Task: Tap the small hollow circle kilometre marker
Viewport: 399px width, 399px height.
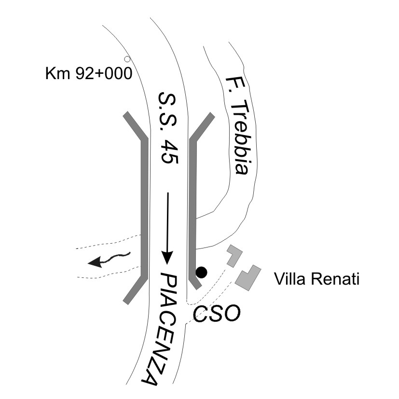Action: [127, 59]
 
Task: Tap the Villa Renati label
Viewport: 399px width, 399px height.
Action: [316, 279]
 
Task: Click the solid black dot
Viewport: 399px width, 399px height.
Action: [202, 273]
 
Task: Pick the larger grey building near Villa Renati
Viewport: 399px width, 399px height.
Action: [248, 277]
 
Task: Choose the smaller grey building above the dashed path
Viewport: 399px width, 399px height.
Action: [234, 256]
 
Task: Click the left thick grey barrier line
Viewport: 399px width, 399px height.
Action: [143, 207]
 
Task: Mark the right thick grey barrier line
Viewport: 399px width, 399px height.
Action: [194, 207]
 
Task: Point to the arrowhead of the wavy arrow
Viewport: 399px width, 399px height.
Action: [96, 262]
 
